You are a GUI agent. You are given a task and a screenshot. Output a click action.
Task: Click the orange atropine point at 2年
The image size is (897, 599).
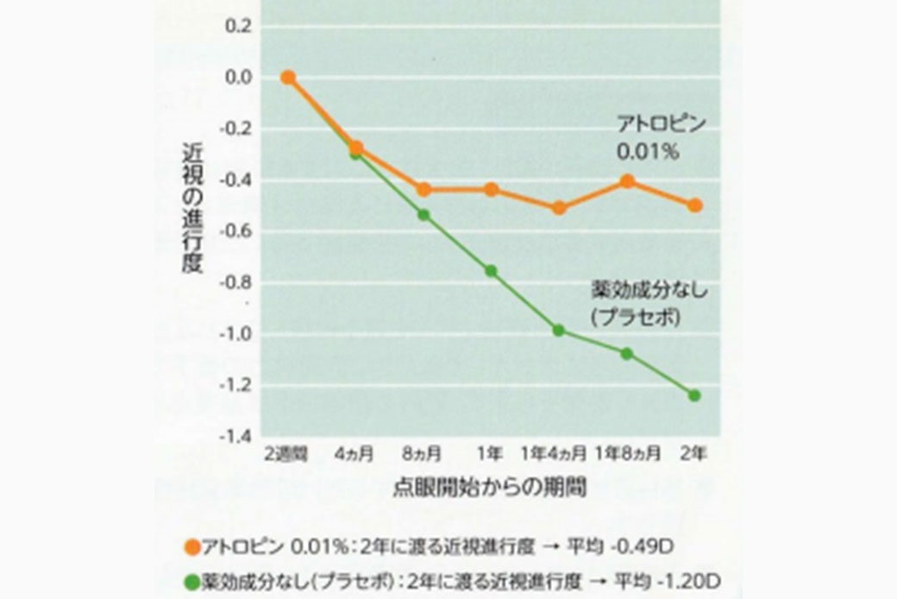pos(694,205)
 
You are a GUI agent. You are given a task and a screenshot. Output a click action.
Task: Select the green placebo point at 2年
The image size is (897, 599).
pos(694,395)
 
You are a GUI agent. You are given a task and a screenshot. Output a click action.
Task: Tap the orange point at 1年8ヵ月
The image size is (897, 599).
pos(627,181)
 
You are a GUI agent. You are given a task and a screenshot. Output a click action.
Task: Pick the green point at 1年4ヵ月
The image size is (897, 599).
pos(559,330)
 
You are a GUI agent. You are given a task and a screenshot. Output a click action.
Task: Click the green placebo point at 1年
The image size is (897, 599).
pos(491,271)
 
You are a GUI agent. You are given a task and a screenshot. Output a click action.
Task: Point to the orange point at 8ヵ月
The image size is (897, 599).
pos(423,190)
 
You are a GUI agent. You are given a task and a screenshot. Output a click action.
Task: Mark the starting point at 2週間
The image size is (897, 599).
pos(288,78)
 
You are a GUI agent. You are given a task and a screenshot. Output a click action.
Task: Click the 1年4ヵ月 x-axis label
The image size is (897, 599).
pos(555,453)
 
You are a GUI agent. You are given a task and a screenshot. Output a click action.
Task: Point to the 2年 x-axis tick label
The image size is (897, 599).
pos(694,453)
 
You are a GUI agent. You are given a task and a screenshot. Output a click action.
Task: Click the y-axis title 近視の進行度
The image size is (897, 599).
pos(191,207)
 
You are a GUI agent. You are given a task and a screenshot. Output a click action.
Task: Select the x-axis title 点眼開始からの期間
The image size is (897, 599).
pos(491,488)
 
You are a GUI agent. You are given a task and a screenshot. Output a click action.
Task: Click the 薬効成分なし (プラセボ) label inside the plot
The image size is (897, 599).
pos(649,302)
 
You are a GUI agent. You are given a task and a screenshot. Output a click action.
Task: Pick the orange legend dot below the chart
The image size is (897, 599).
pos(191,546)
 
